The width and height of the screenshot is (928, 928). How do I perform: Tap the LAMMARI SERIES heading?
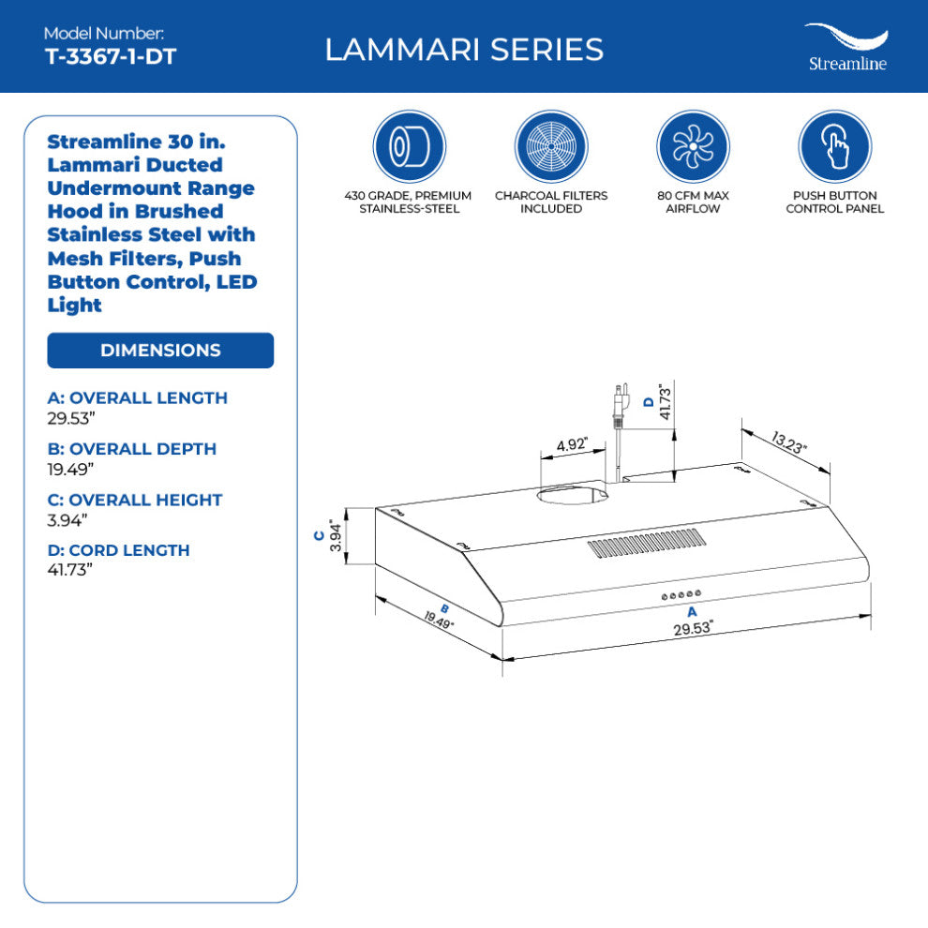[x=464, y=49]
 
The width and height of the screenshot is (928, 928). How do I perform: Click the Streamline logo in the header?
[x=846, y=47]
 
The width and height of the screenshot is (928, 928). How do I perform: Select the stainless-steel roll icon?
[x=410, y=147]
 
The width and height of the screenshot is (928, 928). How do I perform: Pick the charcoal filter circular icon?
[x=551, y=147]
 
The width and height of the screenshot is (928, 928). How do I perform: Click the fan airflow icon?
[x=693, y=147]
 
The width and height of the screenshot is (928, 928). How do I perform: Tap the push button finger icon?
[x=834, y=147]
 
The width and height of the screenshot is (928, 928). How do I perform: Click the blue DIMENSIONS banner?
[x=160, y=351]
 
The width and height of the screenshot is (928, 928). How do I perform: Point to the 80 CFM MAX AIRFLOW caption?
[x=693, y=202]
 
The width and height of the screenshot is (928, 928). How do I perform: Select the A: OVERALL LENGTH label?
[x=137, y=397]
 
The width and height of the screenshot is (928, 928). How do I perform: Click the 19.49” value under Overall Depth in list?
[x=70, y=469]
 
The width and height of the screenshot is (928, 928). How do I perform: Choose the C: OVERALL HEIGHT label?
[x=135, y=500]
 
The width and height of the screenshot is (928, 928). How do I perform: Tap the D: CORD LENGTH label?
[x=118, y=550]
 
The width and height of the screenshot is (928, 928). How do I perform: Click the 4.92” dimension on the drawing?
[x=571, y=445]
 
